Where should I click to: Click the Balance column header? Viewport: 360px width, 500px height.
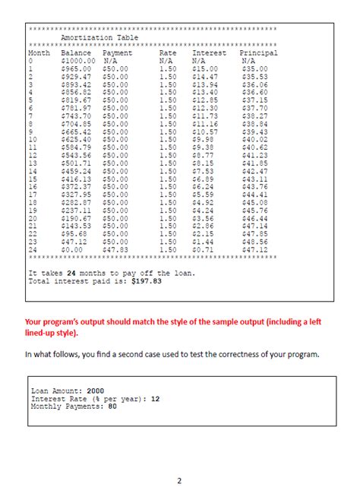click(76, 53)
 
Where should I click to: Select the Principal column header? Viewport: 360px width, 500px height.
click(258, 53)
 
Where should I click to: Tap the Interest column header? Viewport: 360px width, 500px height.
click(209, 53)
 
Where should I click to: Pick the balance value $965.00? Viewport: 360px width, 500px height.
click(76, 68)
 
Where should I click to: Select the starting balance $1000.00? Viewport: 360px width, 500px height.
click(78, 61)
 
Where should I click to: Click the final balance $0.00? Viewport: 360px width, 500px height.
click(71, 248)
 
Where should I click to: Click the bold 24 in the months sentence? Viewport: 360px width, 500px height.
click(72, 272)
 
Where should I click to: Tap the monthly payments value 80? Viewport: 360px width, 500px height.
click(112, 406)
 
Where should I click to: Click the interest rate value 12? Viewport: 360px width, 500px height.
click(155, 398)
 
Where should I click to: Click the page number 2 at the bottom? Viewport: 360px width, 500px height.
click(179, 480)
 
